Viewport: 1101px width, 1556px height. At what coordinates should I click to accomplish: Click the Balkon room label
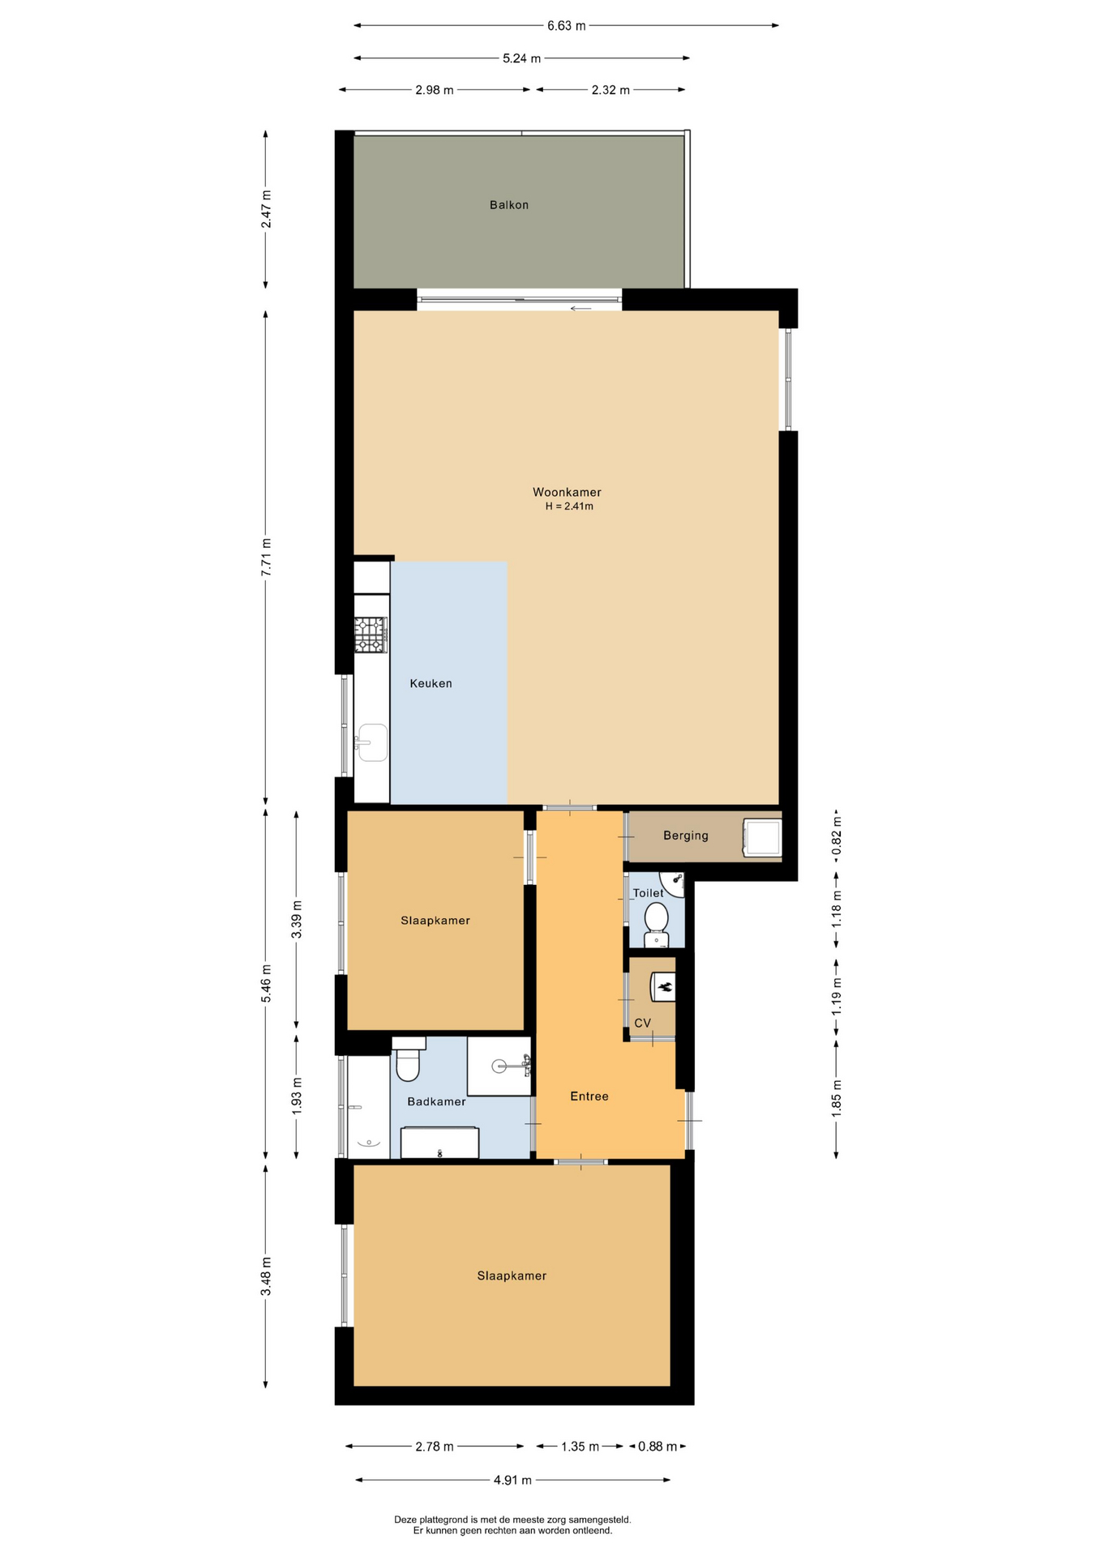(508, 205)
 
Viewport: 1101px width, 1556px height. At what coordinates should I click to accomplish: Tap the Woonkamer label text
(567, 492)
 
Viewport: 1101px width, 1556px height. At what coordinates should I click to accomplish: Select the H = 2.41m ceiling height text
(569, 507)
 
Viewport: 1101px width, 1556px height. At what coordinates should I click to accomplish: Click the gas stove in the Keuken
(371, 635)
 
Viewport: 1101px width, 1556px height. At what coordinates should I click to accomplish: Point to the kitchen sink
(372, 742)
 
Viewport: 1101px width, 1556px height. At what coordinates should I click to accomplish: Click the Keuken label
(431, 683)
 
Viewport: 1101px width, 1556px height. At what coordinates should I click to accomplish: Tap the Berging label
(685, 836)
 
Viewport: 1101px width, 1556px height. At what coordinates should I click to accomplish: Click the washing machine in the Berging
(762, 837)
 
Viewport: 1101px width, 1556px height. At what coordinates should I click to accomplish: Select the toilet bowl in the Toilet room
(656, 924)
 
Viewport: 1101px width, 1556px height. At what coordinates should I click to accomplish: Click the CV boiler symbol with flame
(664, 987)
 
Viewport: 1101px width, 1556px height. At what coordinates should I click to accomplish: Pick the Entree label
(589, 1096)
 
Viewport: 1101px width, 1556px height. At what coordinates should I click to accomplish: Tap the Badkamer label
(436, 1101)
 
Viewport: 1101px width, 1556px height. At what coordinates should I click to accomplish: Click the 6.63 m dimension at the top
(566, 26)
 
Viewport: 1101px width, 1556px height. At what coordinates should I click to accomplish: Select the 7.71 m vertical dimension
(266, 558)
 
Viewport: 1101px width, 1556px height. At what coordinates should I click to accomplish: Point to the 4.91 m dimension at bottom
(512, 1480)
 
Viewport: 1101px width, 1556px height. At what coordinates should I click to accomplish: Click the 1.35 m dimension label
(580, 1447)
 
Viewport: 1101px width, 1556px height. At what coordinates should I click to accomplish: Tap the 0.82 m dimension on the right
(837, 836)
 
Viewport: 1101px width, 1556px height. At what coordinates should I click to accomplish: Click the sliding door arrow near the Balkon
(580, 309)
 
